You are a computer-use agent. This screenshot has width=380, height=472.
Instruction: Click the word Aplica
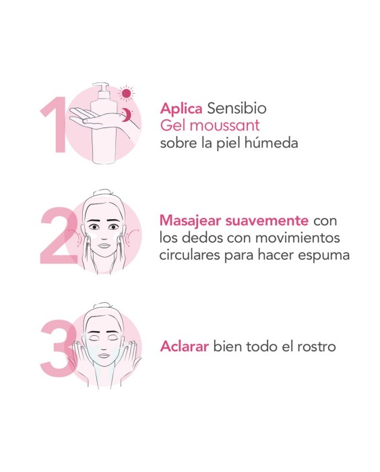pos(181,109)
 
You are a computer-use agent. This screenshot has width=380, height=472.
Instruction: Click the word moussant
pos(222,125)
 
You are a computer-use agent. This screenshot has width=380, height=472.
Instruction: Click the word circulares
pos(189,256)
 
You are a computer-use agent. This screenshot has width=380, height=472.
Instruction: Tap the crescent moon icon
pos(125,116)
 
